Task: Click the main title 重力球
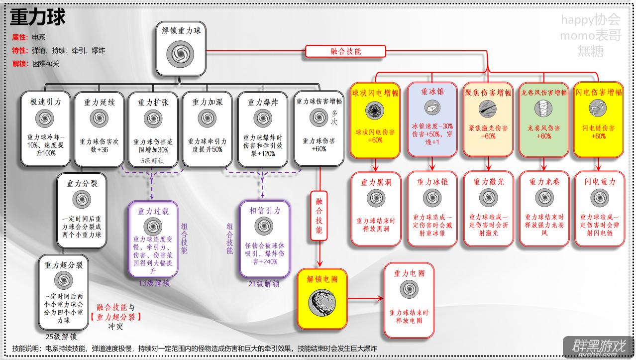[x=38, y=17]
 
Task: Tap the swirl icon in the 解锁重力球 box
[x=180, y=54]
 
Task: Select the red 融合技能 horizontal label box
[x=345, y=51]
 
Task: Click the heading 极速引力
[x=46, y=102]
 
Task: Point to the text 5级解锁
[x=152, y=161]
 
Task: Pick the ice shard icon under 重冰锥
[x=432, y=108]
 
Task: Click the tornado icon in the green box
[x=543, y=108]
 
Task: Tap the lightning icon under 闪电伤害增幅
[x=598, y=108]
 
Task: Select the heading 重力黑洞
[x=376, y=182]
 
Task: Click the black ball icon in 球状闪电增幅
[x=375, y=111]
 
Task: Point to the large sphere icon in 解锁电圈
[x=322, y=303]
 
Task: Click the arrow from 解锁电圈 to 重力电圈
[x=365, y=298]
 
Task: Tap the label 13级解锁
[x=154, y=283]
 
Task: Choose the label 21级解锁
[x=264, y=283]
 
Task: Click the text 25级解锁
[x=61, y=337]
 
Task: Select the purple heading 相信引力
[x=265, y=211]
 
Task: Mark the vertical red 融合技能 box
[x=319, y=216]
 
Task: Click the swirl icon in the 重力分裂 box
[x=82, y=199]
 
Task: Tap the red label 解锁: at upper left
[x=20, y=64]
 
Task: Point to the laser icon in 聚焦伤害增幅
[x=488, y=109]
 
